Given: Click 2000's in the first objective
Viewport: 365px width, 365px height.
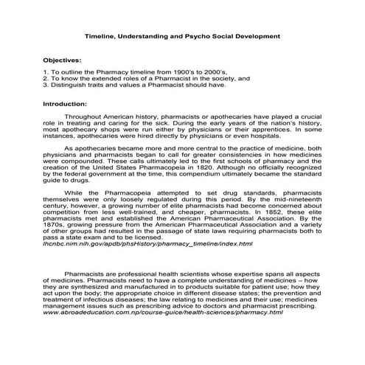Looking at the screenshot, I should tap(213, 71).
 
